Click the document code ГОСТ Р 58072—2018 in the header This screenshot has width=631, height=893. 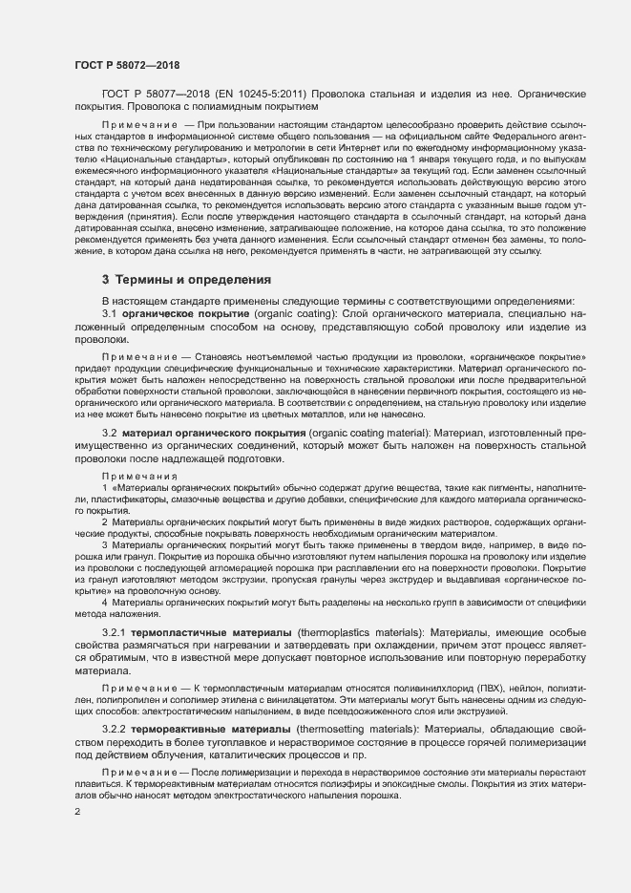click(x=126, y=65)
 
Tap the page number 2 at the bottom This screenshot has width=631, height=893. click(x=75, y=812)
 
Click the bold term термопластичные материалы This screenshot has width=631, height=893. click(x=202, y=632)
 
